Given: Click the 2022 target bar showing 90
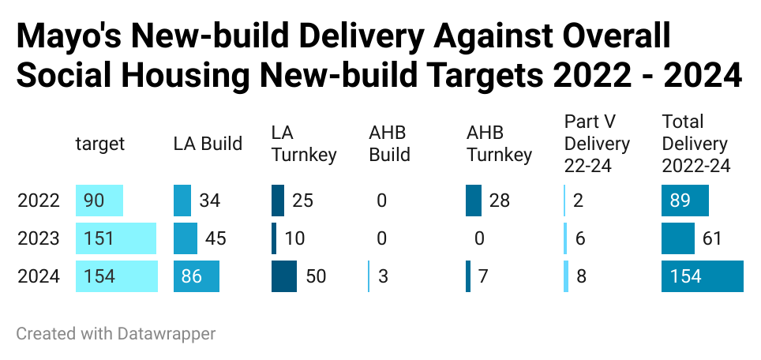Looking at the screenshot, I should tap(99, 201).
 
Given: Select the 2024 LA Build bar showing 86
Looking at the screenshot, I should tap(197, 276).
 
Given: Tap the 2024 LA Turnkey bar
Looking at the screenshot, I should tap(284, 276).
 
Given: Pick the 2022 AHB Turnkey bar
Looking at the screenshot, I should tap(474, 201).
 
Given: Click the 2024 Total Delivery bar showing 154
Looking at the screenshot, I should tap(703, 276).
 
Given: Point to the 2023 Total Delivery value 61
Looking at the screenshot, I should tap(713, 238).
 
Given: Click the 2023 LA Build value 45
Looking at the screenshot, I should tap(216, 238).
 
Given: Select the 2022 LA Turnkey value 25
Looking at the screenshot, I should tap(302, 201).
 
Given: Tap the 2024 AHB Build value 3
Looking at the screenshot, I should tap(382, 276).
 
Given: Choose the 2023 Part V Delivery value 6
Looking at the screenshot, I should tap(579, 238).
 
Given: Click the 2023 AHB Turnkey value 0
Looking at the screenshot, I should tap(479, 238).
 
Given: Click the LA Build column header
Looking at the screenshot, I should tap(208, 144).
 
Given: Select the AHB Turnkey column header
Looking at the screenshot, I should tap(499, 144).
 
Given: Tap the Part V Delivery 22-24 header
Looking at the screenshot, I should tap(597, 144).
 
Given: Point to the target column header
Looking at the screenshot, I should tap(100, 144).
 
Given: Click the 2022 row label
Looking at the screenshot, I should tap(39, 201).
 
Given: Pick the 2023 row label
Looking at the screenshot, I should tap(39, 238).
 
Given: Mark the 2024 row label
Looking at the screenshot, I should tap(39, 276).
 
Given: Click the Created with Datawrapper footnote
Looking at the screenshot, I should tap(115, 333).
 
